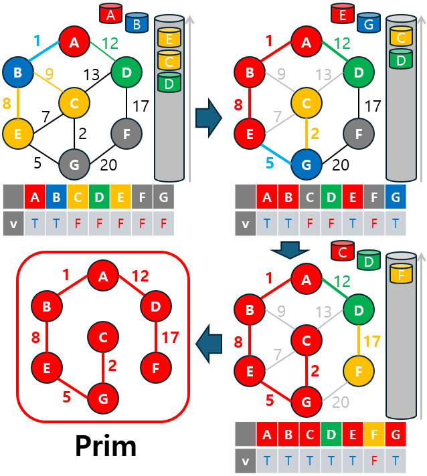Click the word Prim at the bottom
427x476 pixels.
105,445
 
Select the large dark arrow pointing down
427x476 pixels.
289,251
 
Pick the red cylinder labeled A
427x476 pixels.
110,13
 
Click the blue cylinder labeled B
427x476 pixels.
137,22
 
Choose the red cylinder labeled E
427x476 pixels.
343,13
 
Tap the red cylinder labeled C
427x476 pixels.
343,252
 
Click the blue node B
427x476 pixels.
17,72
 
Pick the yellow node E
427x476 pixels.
17,132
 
